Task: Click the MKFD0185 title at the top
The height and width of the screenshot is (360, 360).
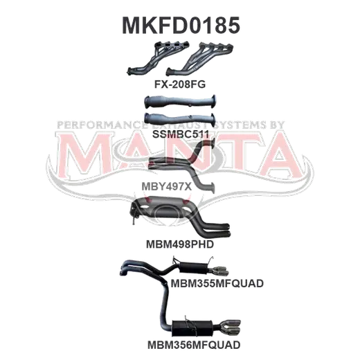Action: (x=181, y=26)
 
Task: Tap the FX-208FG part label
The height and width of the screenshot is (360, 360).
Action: (x=180, y=84)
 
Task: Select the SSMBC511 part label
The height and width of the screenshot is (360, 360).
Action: (x=181, y=134)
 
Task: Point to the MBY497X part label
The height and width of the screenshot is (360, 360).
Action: (x=166, y=186)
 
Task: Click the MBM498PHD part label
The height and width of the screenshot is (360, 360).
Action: (x=180, y=244)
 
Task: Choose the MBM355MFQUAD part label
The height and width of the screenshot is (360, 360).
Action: (x=217, y=283)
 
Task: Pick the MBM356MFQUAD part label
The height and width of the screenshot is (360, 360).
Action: (x=194, y=345)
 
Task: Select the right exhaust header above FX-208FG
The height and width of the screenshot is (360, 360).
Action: (x=199, y=59)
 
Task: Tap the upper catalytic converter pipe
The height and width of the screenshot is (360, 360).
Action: (x=180, y=102)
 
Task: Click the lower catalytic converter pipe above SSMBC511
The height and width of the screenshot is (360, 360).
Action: (x=180, y=119)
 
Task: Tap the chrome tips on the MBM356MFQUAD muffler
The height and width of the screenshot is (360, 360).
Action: (x=231, y=327)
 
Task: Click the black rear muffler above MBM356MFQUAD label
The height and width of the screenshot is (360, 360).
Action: (x=192, y=328)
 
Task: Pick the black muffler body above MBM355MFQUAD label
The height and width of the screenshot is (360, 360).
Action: (x=193, y=268)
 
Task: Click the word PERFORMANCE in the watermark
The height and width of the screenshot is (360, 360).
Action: (x=102, y=125)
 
